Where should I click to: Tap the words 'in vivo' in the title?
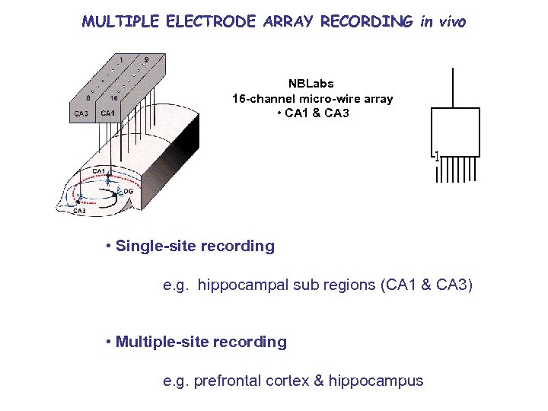click(442, 22)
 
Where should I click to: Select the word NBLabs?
click(311, 84)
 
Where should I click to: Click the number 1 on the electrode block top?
click(121, 59)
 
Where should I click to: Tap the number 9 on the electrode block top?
click(146, 59)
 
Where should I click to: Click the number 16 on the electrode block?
click(113, 97)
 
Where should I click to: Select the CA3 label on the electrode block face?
click(81, 113)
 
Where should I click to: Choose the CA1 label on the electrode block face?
click(107, 113)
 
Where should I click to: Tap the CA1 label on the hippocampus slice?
click(99, 171)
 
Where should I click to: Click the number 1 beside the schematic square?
click(436, 156)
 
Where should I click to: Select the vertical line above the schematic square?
click(453, 88)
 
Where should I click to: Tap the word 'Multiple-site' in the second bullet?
click(162, 342)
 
